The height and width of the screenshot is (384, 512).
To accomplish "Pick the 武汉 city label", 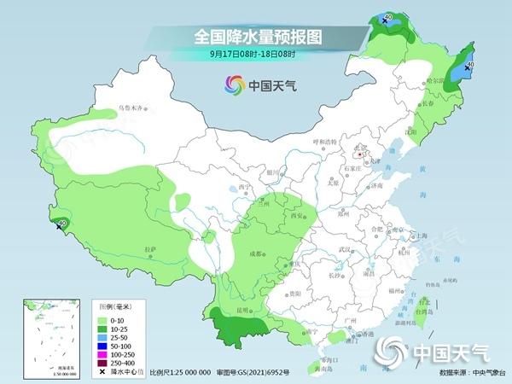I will click(345, 249).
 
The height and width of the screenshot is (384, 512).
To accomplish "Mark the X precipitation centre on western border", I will click(59, 226).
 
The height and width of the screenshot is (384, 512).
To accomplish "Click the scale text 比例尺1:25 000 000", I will click(180, 373).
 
